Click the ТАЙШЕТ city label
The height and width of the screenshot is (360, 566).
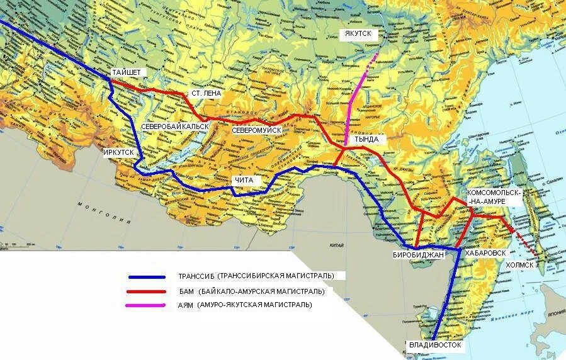(127, 73)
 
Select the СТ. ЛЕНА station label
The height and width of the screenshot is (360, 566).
(206, 93)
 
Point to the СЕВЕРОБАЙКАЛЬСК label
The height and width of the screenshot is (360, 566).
(171, 127)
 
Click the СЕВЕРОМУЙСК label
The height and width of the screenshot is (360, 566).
(256, 130)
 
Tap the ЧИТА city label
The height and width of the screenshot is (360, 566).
(243, 181)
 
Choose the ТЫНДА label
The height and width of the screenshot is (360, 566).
(366, 139)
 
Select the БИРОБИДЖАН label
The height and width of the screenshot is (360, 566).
(418, 254)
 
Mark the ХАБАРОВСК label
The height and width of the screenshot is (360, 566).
(485, 252)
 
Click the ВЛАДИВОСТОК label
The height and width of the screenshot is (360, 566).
(435, 345)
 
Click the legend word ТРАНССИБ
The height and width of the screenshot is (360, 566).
(196, 276)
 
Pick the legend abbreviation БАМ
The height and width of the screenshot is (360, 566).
(186, 291)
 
